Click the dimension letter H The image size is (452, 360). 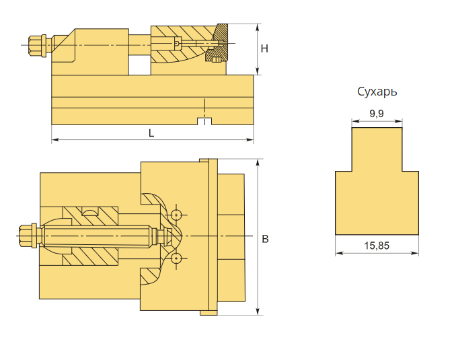(264, 48)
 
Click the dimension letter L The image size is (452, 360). (151, 133)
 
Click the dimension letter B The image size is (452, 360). (265, 239)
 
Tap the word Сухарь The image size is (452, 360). (377, 92)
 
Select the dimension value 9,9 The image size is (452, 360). (377, 114)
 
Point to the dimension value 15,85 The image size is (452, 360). (377, 246)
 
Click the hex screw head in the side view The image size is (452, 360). (34, 45)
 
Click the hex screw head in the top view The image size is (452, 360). (25, 236)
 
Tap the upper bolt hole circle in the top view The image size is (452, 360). (176, 215)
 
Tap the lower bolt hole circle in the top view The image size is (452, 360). (176, 259)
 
